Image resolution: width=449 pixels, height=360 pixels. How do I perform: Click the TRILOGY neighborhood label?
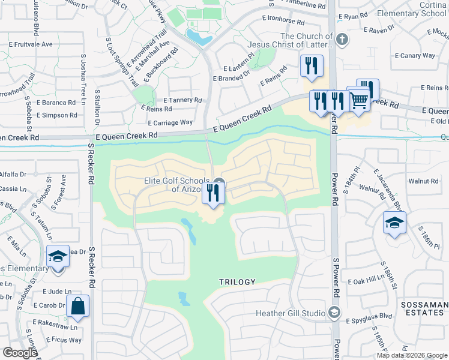pyautogui.click(x=237, y=282)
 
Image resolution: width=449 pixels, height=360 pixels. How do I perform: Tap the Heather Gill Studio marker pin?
pyautogui.click(x=335, y=313)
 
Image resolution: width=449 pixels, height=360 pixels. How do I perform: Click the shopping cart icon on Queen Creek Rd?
pyautogui.click(x=358, y=99)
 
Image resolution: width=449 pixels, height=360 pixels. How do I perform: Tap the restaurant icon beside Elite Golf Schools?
pyautogui.click(x=213, y=193)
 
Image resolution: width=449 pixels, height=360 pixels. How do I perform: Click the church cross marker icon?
pyautogui.click(x=342, y=40)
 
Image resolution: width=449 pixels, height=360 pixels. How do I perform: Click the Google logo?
pyautogui.click(x=19, y=353)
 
